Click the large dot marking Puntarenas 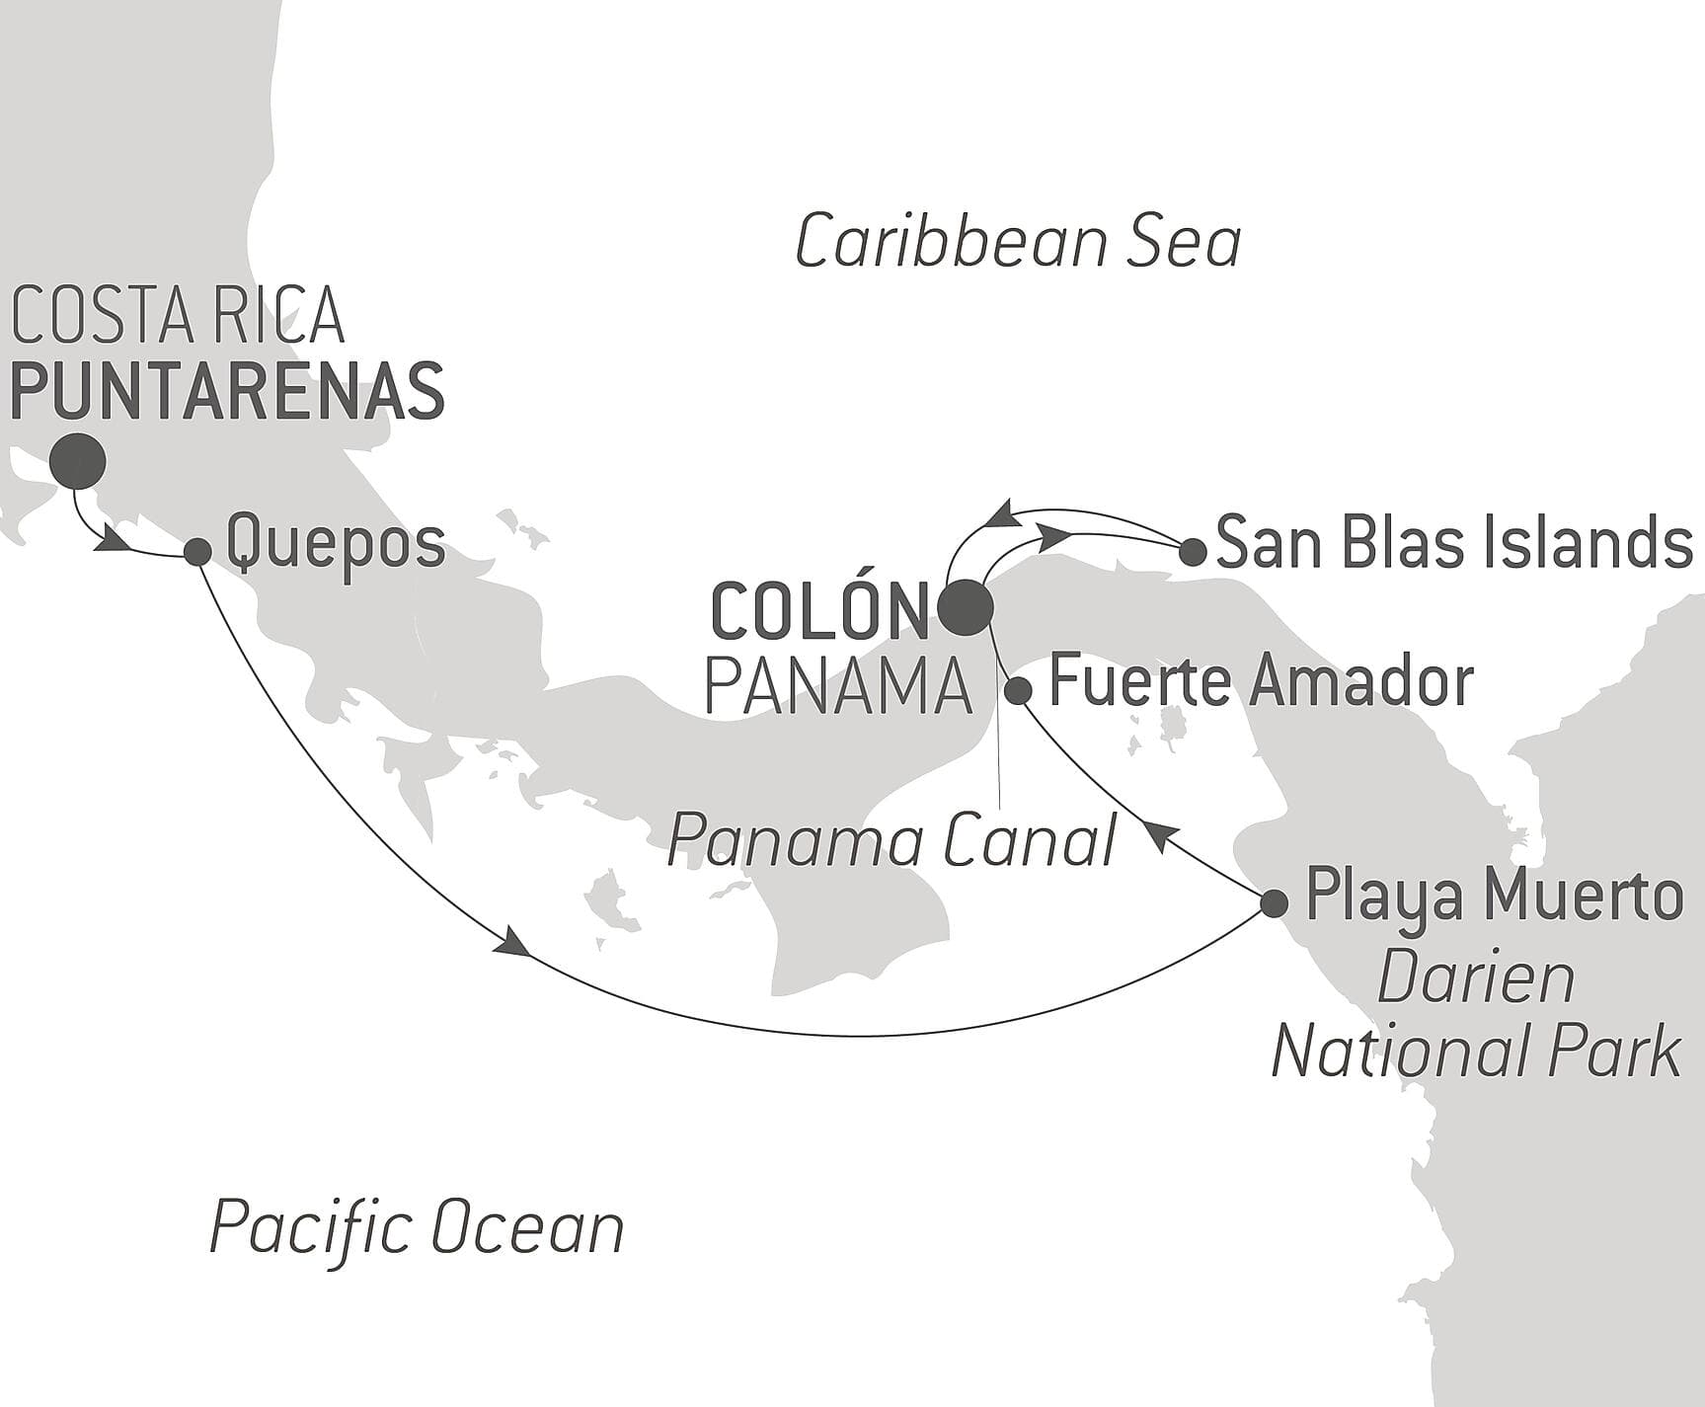[x=78, y=461]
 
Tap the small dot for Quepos [x=197, y=552]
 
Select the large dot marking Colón [x=965, y=608]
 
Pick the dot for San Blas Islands [x=1193, y=552]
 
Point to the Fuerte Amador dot [x=1018, y=690]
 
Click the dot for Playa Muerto [x=1274, y=902]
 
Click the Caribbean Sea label [x=1017, y=243]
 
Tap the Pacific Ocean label [x=417, y=1227]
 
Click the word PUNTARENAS [x=227, y=392]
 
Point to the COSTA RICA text [x=178, y=315]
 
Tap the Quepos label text [x=336, y=544]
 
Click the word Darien [x=1475, y=978]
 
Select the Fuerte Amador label [x=1260, y=681]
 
